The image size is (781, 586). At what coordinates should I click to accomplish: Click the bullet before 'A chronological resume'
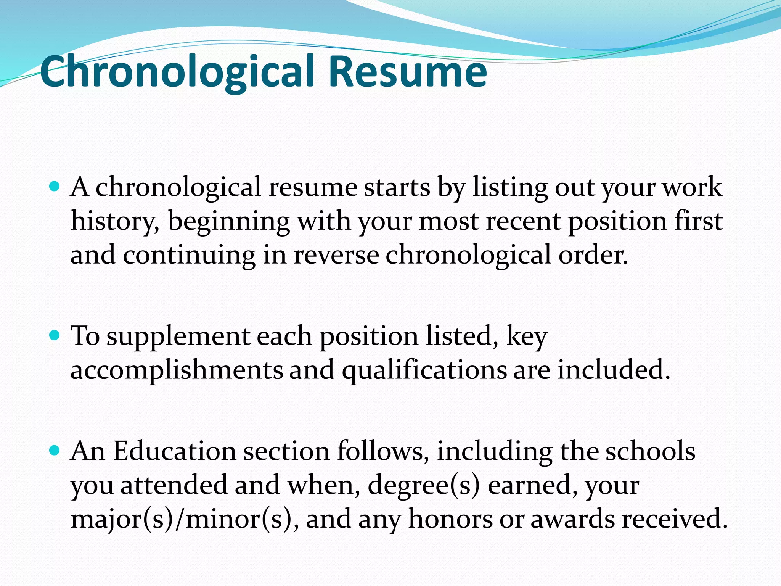pos(55,187)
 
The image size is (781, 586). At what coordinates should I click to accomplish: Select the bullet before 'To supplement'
pos(55,335)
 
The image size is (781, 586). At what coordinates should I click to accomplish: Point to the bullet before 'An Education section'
pos(55,451)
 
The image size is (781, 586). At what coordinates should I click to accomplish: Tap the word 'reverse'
pos(336,255)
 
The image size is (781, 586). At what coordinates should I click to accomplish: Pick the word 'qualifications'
pos(424,370)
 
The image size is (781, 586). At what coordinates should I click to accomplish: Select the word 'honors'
pos(450,519)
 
